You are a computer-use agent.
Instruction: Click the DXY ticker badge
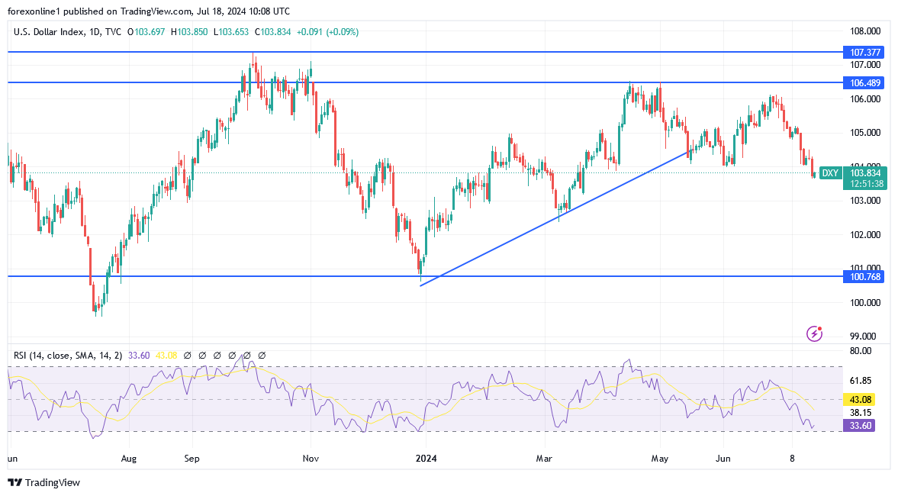point(829,173)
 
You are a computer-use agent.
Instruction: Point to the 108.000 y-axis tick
point(865,31)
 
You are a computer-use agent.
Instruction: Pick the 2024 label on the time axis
point(426,459)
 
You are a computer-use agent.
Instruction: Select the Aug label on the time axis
point(129,459)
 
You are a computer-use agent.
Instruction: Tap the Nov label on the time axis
point(310,459)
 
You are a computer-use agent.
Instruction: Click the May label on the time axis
point(660,459)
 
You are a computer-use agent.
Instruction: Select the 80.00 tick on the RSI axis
point(861,351)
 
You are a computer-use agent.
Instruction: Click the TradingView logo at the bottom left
point(43,482)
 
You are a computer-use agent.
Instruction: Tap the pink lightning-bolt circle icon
point(815,333)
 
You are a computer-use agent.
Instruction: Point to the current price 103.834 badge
point(864,173)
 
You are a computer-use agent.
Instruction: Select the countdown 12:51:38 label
point(864,184)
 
